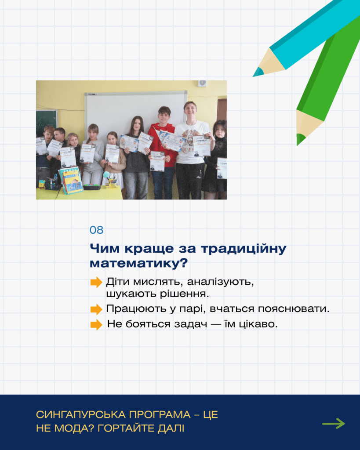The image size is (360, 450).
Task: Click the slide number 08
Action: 96,230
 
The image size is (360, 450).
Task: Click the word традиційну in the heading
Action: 244,249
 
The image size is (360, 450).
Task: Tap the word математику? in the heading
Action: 138,263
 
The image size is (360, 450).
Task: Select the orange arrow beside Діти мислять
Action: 96,282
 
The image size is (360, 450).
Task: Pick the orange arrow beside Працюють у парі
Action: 96,309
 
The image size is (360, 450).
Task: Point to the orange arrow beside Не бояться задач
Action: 96,325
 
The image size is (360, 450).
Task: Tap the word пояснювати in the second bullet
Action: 293,309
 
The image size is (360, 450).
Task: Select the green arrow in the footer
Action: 333,423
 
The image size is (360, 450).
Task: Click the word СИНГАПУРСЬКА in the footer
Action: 81,415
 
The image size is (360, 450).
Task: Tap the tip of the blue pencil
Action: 254,76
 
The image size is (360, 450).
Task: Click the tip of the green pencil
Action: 297,145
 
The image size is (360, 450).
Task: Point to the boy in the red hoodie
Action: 163,152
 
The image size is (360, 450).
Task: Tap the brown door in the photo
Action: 222,109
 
